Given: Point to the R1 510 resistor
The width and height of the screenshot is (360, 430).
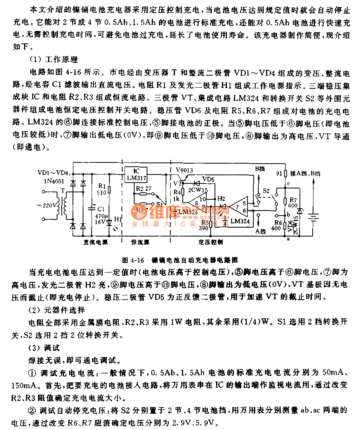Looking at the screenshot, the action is pyautogui.click(x=109, y=190).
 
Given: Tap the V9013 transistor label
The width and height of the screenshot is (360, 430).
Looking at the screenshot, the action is pyautogui.click(x=184, y=170).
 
